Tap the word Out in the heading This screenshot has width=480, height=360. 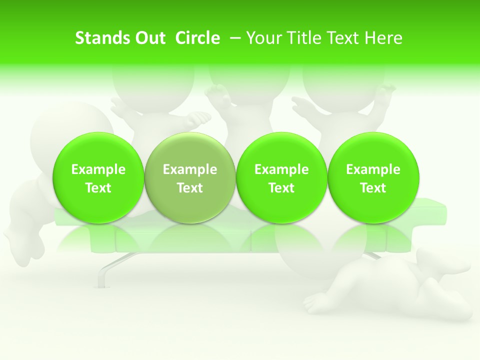pos(148,38)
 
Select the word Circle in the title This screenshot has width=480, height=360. pos(197,38)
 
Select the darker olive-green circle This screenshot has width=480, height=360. pos(190,178)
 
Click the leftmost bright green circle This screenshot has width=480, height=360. pos(98,178)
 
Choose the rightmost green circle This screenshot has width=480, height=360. pos(373,178)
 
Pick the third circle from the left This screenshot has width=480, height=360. pos(281,178)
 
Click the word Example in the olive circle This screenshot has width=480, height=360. pos(190,169)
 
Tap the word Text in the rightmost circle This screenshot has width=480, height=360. pos(373,188)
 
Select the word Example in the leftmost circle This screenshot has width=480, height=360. pos(98,169)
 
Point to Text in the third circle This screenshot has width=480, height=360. pos(281,188)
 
